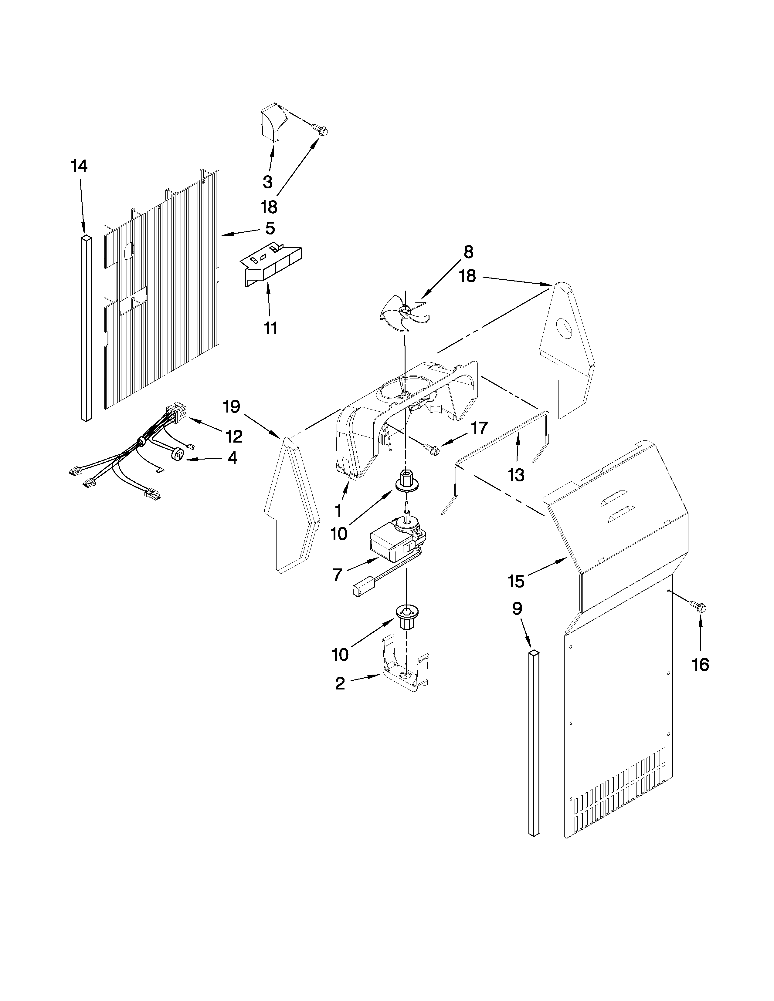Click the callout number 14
(x=79, y=166)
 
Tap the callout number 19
(x=232, y=406)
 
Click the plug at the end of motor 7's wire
(x=359, y=590)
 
